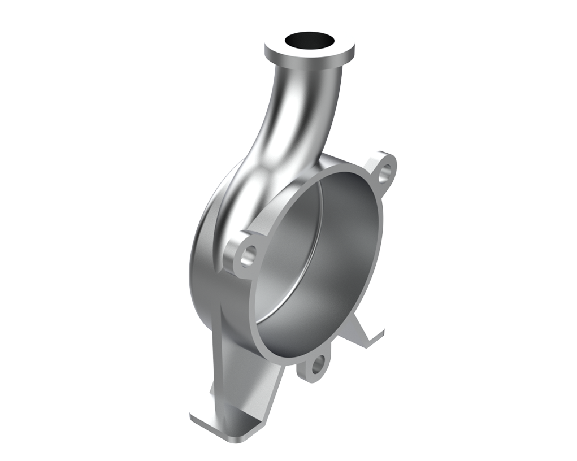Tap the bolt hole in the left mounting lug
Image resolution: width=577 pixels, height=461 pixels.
(247, 255)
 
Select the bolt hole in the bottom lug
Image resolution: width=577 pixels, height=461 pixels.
(317, 365)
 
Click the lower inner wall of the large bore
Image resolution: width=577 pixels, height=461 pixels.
(305, 316)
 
